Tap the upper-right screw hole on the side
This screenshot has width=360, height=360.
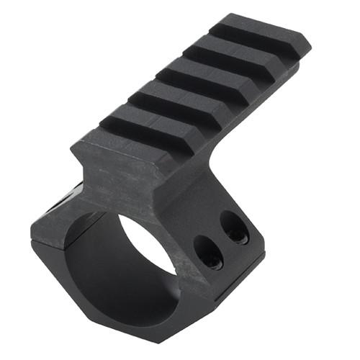233,228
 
